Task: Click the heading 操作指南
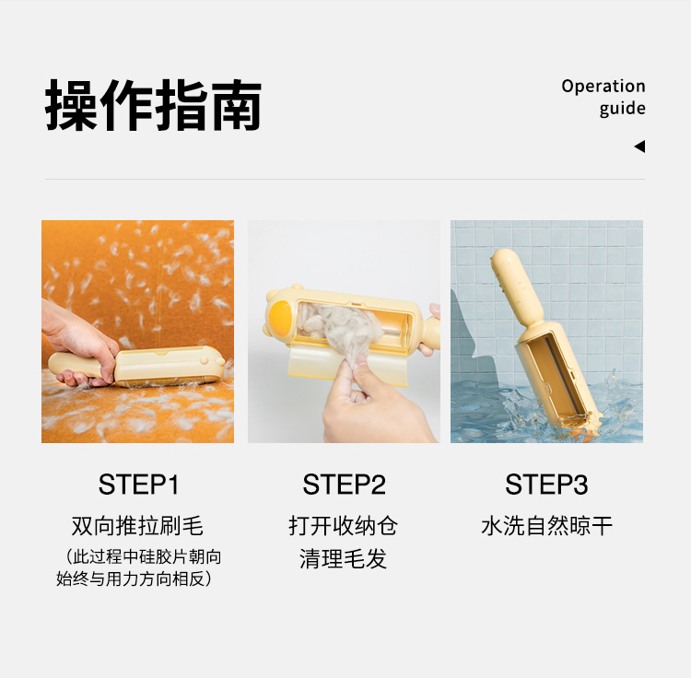154,105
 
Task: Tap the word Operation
603,87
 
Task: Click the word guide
622,109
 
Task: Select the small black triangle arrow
639,146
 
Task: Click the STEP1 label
138,485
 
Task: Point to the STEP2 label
344,485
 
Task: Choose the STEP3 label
546,485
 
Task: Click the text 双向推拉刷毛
138,527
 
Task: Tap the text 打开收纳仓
344,527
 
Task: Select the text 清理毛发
344,559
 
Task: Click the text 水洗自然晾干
546,527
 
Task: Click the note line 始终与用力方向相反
135,579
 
